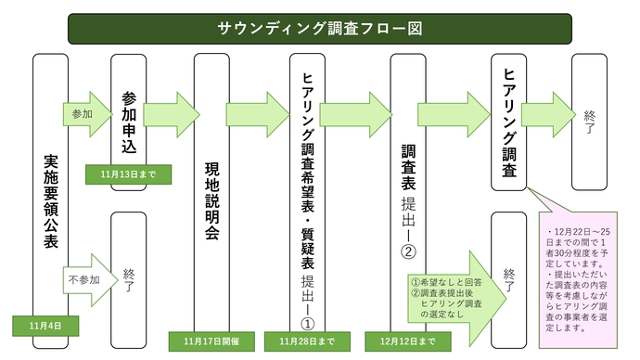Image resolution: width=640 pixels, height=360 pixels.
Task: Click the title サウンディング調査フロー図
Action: point(319,28)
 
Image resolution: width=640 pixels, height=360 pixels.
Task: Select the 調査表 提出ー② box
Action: point(408,190)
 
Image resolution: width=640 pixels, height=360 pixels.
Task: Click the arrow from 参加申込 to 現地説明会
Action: point(171,113)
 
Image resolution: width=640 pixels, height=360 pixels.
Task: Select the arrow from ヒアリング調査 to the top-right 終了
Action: point(547,113)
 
